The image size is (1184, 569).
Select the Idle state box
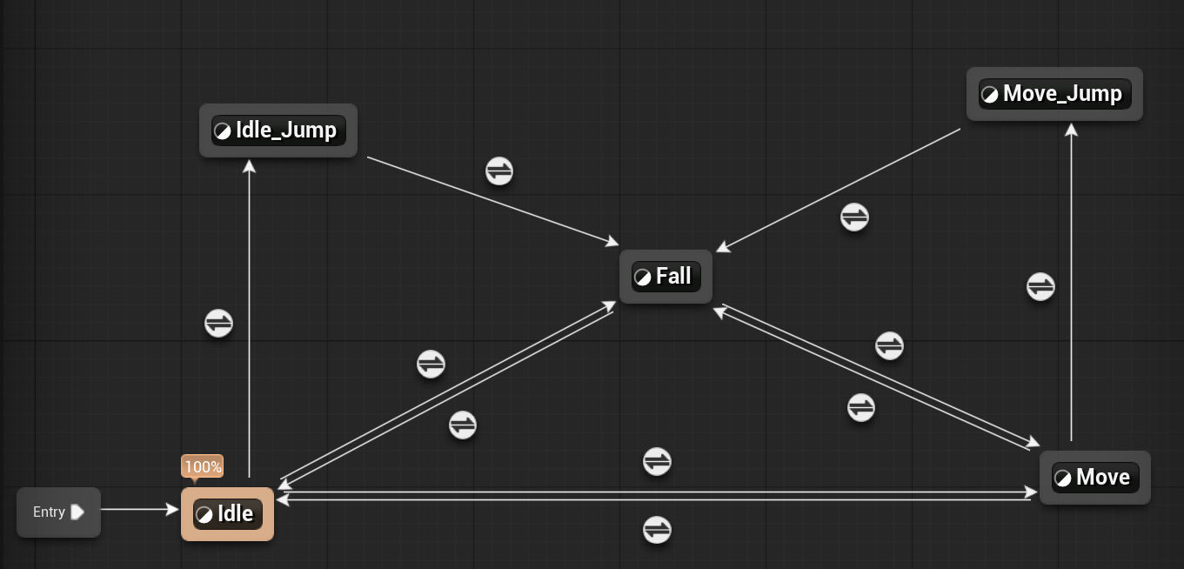pos(227,514)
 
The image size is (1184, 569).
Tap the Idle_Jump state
pos(278,131)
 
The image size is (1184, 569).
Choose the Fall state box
pos(666,277)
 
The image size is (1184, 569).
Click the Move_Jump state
pos(1054,94)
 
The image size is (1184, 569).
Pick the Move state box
pos(1094,478)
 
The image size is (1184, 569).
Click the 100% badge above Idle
pos(203,467)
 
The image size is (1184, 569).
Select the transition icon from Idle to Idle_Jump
pos(218,324)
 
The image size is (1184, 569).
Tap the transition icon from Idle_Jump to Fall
pos(499,171)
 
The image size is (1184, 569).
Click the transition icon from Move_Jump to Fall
pos(854,217)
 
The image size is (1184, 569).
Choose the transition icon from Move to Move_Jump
pos(1040,286)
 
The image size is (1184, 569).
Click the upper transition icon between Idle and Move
pos(657,462)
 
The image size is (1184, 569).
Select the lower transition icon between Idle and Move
pos(657,529)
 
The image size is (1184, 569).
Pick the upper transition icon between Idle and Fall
pos(431,364)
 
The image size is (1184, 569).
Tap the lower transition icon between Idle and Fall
pos(463,425)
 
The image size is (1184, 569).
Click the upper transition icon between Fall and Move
pos(889,345)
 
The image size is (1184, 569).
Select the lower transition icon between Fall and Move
pos(860,407)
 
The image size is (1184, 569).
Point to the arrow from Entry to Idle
pos(139,510)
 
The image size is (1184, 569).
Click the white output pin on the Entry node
pos(77,512)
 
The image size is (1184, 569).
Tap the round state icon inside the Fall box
pos(642,278)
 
